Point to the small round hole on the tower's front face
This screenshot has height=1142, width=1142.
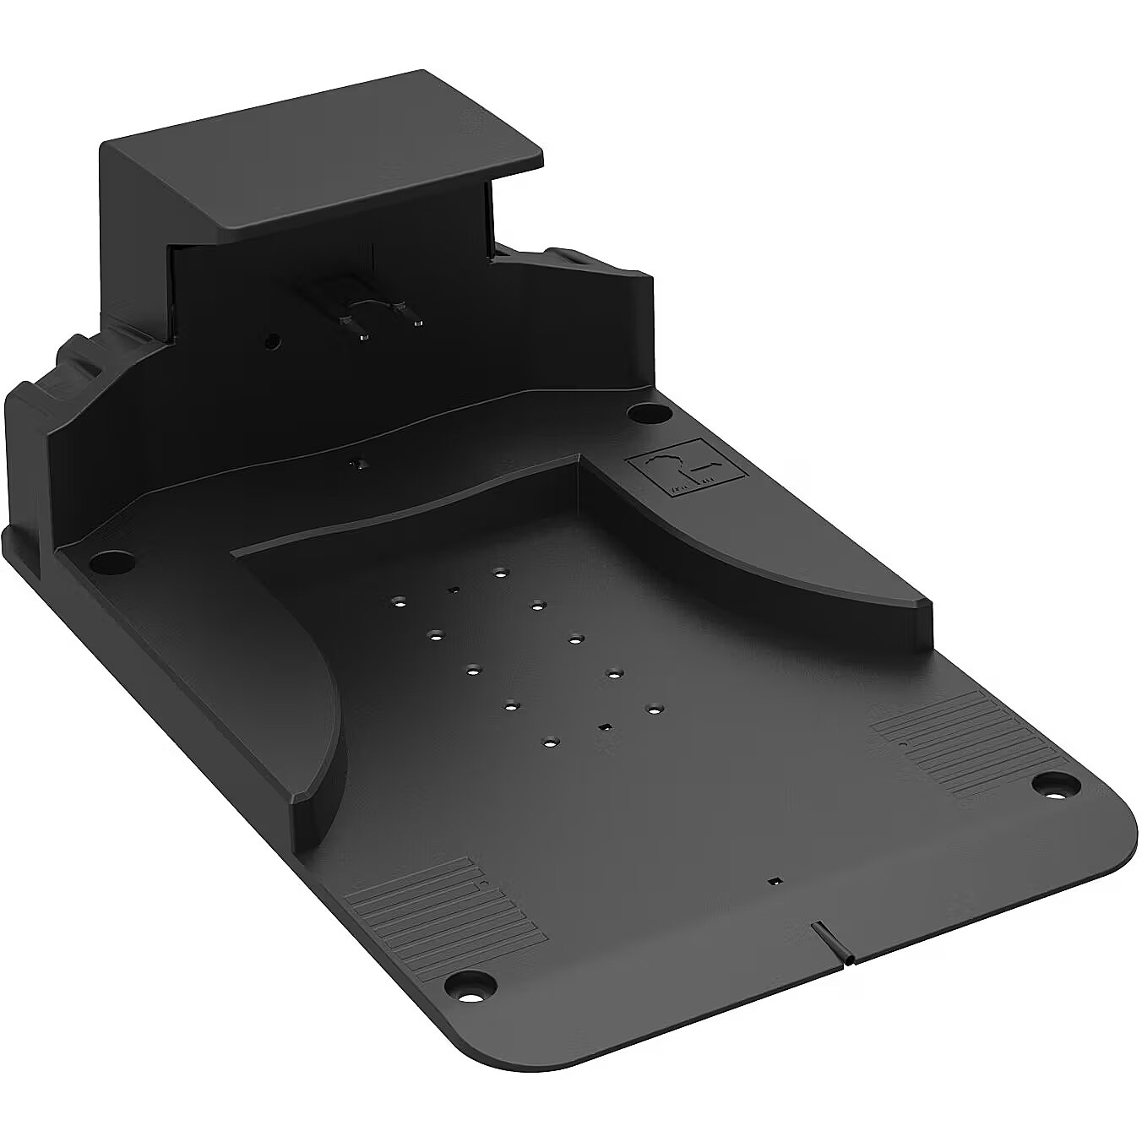(271, 342)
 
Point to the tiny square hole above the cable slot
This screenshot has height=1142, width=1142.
(772, 881)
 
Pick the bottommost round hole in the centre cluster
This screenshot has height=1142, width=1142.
(550, 742)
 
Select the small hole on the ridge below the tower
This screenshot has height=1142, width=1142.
(359, 464)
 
